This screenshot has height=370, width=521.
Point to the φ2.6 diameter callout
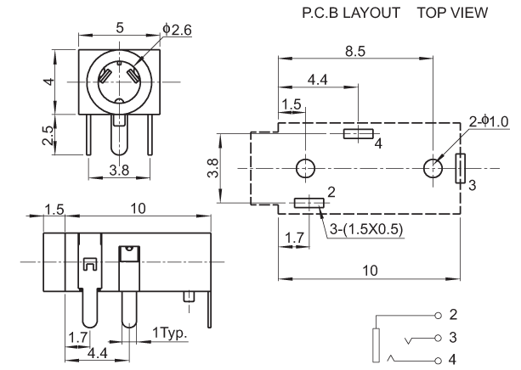(176, 29)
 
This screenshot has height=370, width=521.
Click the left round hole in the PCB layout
(306, 168)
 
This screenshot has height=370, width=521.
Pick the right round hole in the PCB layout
(433, 168)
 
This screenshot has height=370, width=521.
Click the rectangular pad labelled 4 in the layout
(357, 133)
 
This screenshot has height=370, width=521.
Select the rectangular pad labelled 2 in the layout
(309, 203)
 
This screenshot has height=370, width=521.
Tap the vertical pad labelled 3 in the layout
(460, 168)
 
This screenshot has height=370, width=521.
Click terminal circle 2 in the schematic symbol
(439, 315)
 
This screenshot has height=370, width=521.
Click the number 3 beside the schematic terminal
(453, 337)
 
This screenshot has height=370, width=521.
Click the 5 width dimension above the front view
(120, 27)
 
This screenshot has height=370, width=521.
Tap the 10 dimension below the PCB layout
(368, 269)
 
